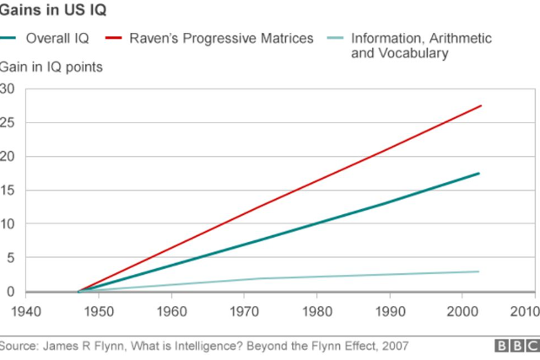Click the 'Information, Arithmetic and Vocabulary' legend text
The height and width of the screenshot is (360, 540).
[421, 46]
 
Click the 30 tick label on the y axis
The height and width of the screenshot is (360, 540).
[8, 89]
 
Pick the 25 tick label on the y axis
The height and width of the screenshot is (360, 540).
[8, 122]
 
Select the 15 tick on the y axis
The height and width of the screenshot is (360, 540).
[8, 191]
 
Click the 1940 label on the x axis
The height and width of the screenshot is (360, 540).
[26, 310]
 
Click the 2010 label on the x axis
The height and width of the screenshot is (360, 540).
[525, 310]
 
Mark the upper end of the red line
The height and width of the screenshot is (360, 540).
[480, 105]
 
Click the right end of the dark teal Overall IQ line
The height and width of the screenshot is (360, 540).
[478, 174]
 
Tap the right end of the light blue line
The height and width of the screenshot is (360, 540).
[478, 271]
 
